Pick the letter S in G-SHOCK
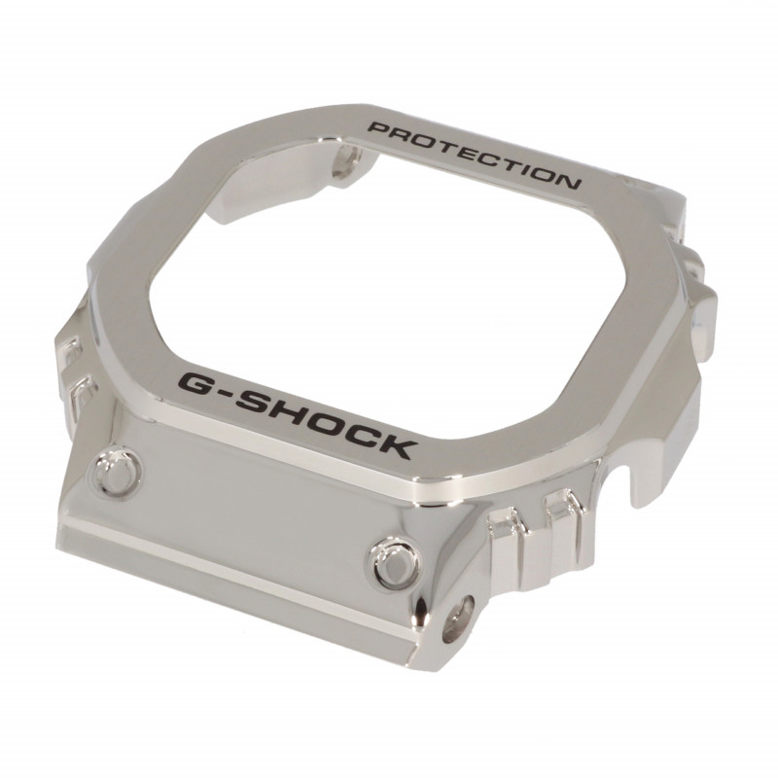coord(256,403)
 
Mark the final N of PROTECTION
coord(566,182)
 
